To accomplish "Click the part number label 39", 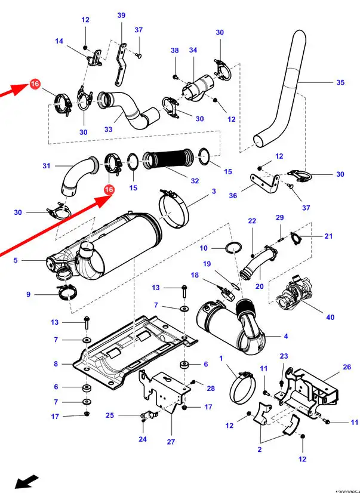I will click(x=121, y=16).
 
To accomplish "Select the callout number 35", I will click(x=340, y=82).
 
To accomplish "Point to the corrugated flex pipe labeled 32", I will click(x=170, y=160).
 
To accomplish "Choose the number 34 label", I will click(x=193, y=51).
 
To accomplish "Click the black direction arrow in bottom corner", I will click(x=27, y=480).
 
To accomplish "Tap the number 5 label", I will click(x=16, y=260).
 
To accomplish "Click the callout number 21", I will click(x=328, y=236).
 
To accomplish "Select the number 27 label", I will click(x=171, y=442).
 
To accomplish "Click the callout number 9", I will click(x=28, y=294).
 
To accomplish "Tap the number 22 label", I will click(x=252, y=221).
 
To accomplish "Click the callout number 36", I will click(x=233, y=195).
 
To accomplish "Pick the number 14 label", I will click(x=59, y=41).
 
